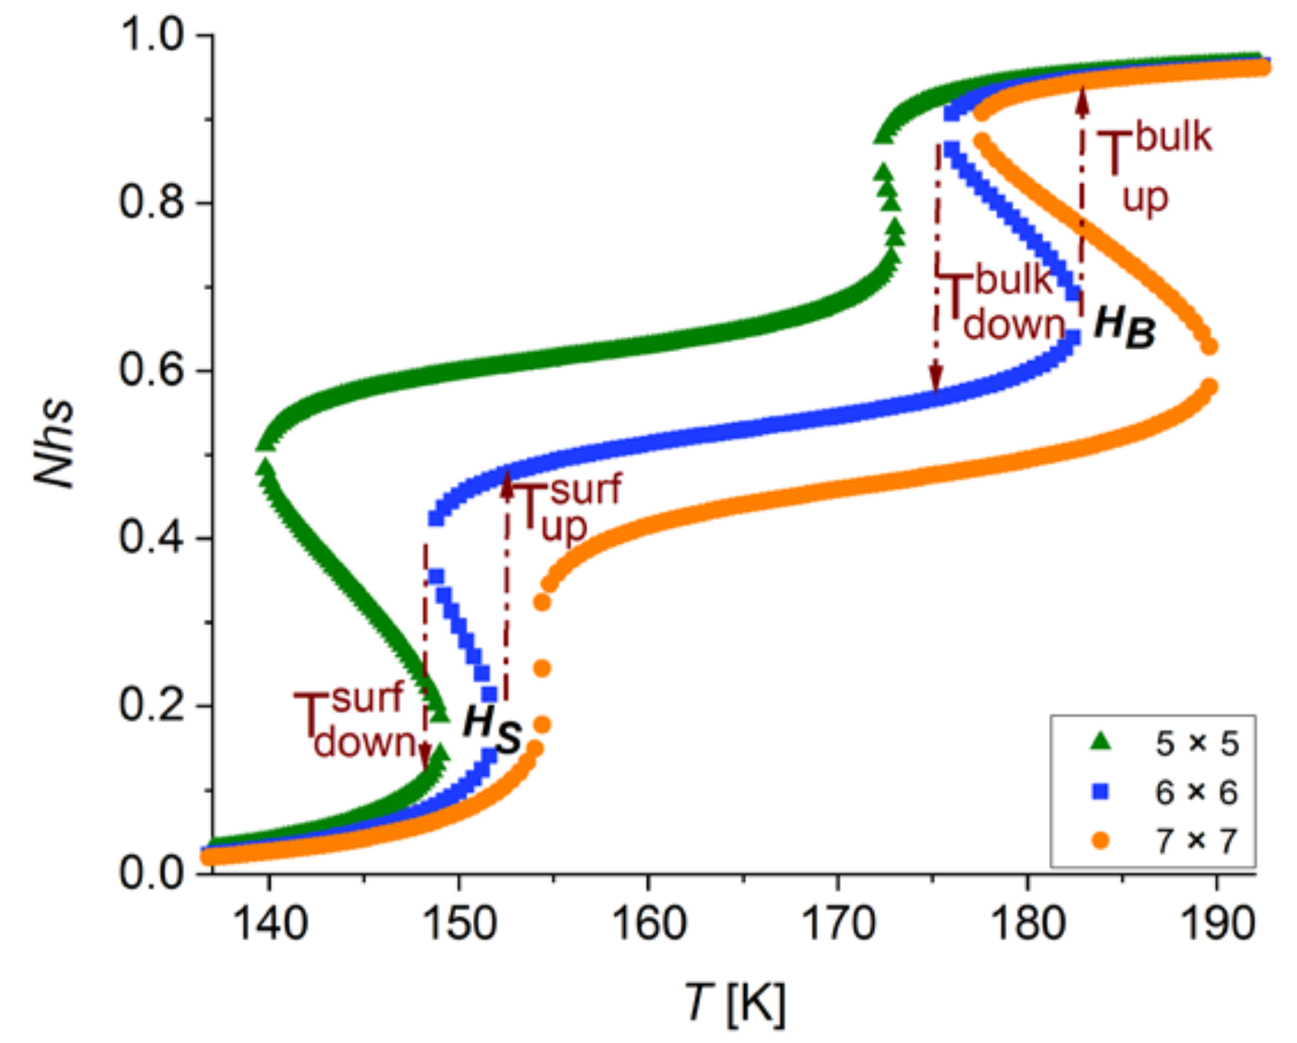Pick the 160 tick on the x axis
pyautogui.click(x=648, y=924)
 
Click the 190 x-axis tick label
pyautogui.click(x=1217, y=924)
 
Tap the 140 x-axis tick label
pyautogui.click(x=269, y=924)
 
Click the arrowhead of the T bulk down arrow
pyautogui.click(x=935, y=381)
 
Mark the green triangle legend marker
pyautogui.click(x=1101, y=743)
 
